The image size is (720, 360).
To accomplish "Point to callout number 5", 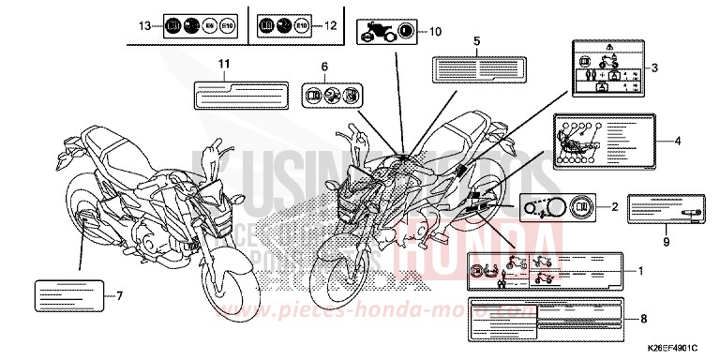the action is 477,42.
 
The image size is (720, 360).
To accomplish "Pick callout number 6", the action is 324,67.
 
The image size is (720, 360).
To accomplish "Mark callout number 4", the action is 677,141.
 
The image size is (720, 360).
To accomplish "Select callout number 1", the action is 640,271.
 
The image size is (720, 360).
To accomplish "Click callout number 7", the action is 119,295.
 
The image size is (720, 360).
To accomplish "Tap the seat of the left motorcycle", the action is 122,146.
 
